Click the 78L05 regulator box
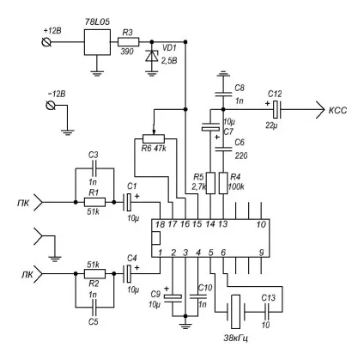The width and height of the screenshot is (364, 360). coord(97,42)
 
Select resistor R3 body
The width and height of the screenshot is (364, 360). coord(129,42)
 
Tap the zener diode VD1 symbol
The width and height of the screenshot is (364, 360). coord(151,56)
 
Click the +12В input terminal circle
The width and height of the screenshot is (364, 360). coord(46,42)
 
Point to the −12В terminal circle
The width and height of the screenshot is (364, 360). coord(51,106)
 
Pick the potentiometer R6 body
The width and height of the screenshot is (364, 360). coord(154,138)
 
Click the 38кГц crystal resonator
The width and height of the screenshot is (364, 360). coord(235,312)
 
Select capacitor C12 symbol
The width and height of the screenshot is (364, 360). coord(276,110)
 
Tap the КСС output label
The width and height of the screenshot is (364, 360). coord(337,110)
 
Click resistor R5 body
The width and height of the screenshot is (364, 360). coord(210,183)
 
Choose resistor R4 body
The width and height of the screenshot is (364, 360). coord(223,183)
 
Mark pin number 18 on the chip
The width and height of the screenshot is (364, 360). coord(160,224)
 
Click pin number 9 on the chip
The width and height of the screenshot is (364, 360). coord(261,253)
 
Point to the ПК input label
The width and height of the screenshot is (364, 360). coord(23,203)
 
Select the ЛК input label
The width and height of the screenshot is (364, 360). coord(27,275)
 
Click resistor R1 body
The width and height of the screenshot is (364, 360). coord(94,202)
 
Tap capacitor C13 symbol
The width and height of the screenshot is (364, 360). coord(267,312)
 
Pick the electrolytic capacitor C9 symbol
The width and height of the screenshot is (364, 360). coord(173,298)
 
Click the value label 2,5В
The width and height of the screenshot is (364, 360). coord(169,61)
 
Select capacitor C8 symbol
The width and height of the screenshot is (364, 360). coord(223,94)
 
